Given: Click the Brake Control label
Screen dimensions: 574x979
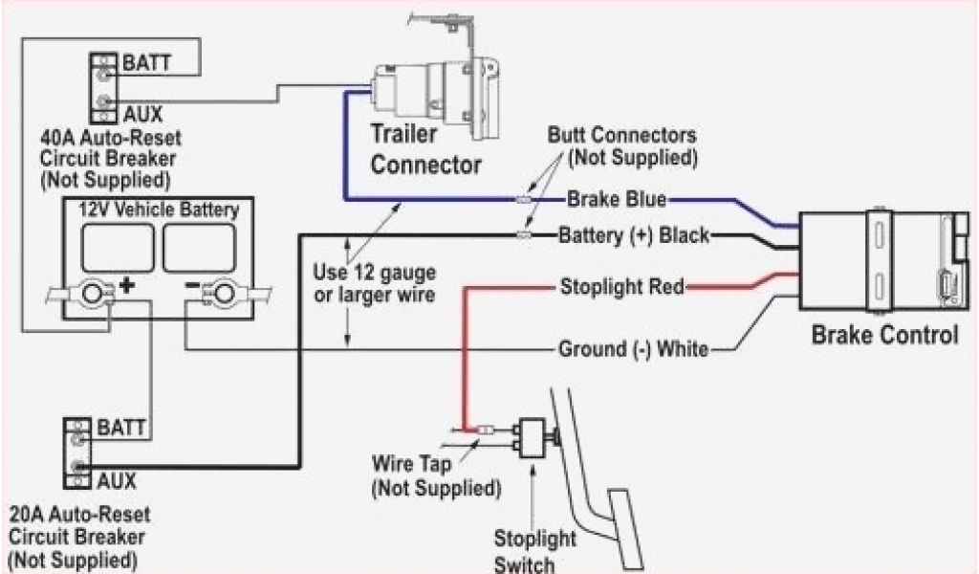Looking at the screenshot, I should tap(883, 336).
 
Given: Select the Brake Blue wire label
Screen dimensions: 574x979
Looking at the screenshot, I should tap(616, 200).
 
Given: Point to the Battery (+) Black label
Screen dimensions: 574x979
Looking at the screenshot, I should tap(633, 234).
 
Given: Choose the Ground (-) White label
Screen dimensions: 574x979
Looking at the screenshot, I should tap(632, 349).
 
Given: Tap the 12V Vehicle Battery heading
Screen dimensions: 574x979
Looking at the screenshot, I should tap(159, 207).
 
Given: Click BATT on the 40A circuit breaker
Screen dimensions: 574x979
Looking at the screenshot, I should tap(146, 64).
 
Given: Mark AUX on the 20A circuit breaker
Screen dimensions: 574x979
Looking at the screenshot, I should tap(116, 479).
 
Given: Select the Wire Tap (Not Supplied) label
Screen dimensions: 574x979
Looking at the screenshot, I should tap(435, 477).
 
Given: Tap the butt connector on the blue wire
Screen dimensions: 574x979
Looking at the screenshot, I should tap(522, 200).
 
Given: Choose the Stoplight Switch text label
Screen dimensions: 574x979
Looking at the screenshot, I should tap(526, 550).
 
